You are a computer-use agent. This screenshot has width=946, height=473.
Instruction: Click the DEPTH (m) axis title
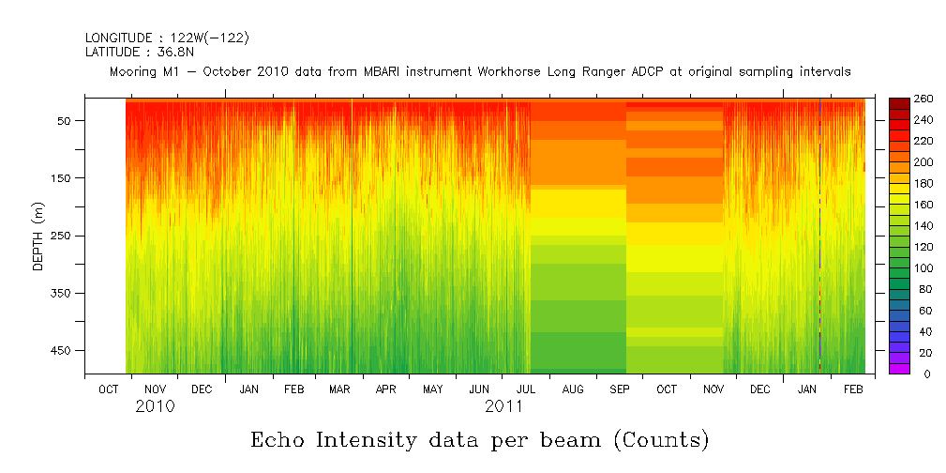point(38,236)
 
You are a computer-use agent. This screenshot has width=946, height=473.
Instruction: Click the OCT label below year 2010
point(109,389)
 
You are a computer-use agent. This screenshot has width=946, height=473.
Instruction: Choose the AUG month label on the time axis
point(570,389)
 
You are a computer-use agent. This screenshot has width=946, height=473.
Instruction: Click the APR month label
point(385,389)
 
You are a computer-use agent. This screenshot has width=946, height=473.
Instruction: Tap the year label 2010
point(155,407)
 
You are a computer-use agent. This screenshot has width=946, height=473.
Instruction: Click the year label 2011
point(503,407)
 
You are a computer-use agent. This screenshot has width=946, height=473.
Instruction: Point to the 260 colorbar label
point(923,99)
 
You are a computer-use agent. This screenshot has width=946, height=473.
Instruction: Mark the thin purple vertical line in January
point(819,235)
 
